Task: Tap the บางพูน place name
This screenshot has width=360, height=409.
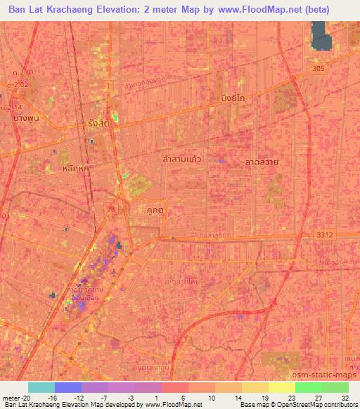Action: (25, 117)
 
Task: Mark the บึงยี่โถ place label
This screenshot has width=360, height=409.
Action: (236, 98)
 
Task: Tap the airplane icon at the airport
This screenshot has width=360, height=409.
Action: (115, 271)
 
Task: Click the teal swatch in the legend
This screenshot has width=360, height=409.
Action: (41, 387)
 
